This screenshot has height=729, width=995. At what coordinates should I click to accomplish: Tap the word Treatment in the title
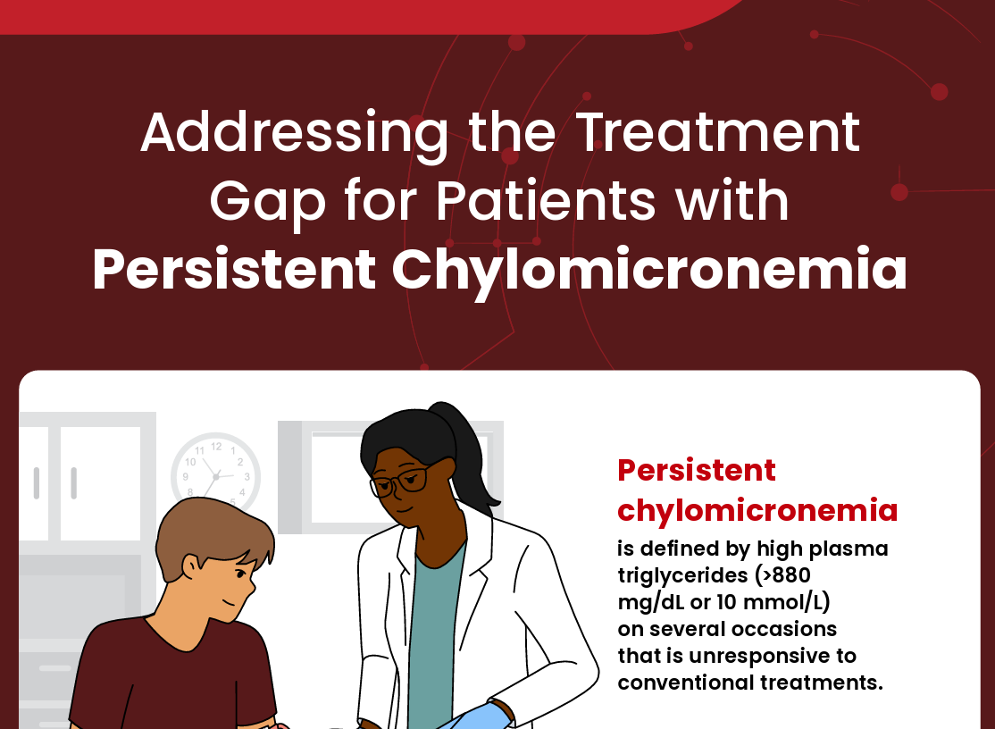[717, 133]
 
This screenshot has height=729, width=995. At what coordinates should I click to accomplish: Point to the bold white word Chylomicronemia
[649, 271]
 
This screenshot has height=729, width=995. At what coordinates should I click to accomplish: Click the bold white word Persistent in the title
[234, 271]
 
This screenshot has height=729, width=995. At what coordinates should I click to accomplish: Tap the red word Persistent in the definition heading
[697, 470]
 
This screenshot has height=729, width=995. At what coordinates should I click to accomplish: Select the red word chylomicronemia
[757, 510]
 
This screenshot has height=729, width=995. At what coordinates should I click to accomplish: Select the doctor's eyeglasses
[398, 483]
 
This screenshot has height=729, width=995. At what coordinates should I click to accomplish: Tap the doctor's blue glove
[482, 716]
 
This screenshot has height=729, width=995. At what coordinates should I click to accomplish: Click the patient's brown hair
[210, 540]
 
